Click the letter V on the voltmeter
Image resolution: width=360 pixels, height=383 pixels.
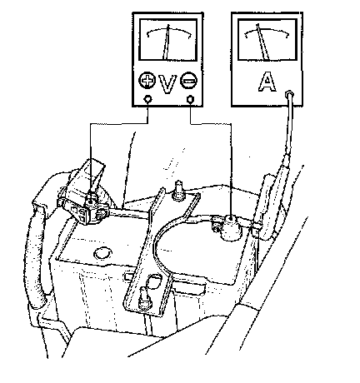167,84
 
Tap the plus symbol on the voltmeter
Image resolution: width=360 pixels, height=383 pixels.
147,81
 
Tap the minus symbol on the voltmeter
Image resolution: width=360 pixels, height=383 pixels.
189,81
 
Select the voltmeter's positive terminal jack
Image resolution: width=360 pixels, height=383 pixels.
147,98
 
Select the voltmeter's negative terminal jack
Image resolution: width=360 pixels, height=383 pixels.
190,99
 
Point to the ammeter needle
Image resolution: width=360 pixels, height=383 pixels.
262,42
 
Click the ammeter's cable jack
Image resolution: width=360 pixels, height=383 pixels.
289,93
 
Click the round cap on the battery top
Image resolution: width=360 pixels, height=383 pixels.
103,252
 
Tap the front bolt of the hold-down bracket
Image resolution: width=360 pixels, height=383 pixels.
145,298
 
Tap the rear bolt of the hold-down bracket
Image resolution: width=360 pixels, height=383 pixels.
177,190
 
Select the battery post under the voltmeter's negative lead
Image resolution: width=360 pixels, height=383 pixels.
232,227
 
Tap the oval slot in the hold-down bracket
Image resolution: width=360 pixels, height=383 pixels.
154,281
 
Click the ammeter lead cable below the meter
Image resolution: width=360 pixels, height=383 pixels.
289,125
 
